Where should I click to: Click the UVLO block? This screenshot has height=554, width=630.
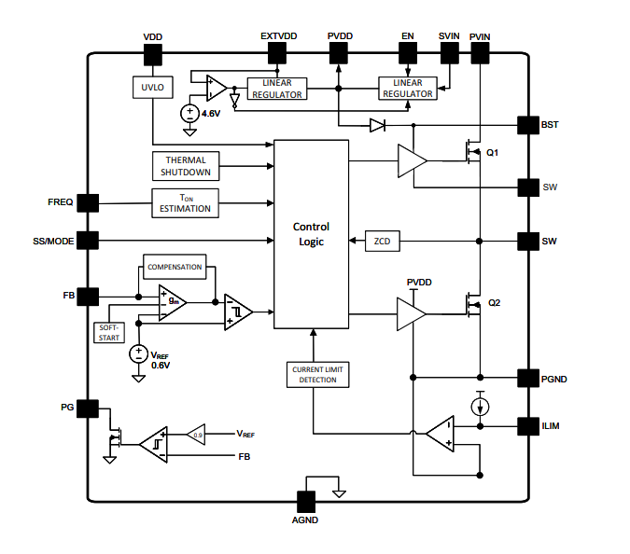(152, 88)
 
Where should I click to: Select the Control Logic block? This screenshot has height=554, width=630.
(311, 233)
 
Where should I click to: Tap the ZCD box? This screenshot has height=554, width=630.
(382, 241)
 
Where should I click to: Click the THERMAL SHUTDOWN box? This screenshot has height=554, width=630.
(186, 166)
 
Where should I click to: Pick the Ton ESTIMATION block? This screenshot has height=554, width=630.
(185, 202)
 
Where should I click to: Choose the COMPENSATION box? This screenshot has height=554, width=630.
(174, 267)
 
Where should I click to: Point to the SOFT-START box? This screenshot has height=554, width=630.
(109, 331)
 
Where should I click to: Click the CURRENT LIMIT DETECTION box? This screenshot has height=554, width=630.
(316, 375)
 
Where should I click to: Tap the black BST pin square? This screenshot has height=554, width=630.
(528, 124)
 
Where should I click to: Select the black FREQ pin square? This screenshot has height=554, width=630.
(88, 203)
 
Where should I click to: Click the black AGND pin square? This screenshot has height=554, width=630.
(306, 500)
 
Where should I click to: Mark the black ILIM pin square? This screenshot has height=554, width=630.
(528, 426)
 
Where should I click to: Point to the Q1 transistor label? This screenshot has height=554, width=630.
(493, 152)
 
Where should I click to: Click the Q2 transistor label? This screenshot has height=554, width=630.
(495, 303)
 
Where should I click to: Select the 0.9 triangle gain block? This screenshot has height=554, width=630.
(195, 434)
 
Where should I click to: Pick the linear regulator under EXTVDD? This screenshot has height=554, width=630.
(277, 88)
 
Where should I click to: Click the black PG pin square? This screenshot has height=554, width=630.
(88, 409)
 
